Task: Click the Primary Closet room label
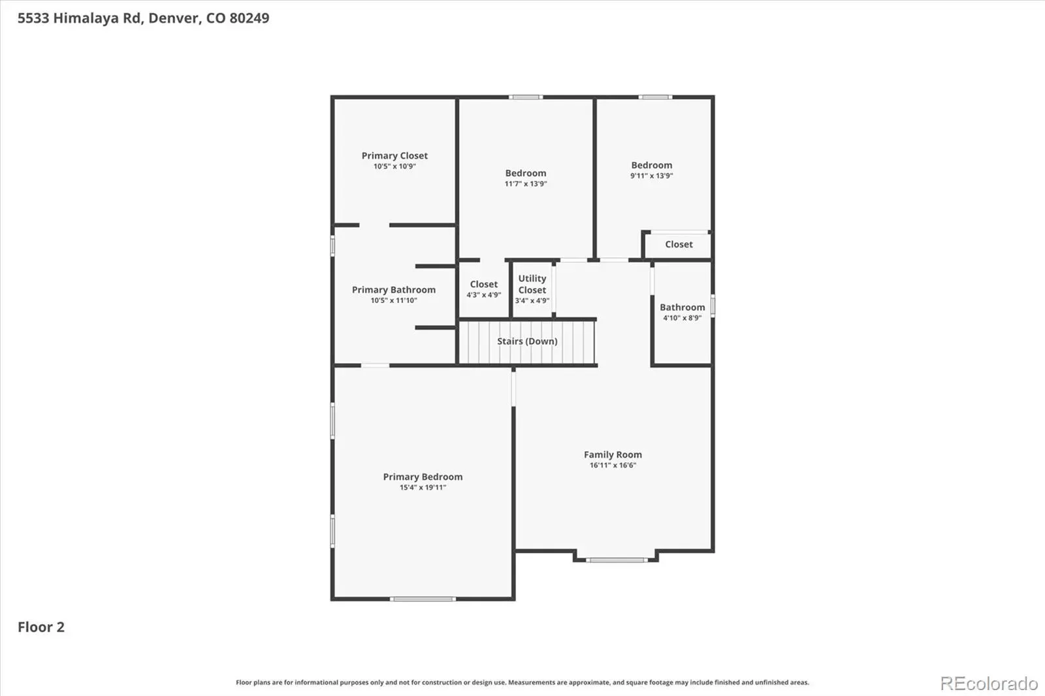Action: coord(394,155)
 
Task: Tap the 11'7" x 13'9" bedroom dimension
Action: coord(526,184)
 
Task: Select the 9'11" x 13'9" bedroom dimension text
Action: coord(652,176)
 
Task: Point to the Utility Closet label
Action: coord(532,284)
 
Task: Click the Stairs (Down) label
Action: coord(527,341)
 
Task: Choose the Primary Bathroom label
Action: coord(394,290)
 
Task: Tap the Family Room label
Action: coord(613,454)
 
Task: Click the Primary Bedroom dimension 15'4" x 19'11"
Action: coord(423,488)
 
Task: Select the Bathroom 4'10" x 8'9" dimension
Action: coord(683,318)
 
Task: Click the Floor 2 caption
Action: coord(41,627)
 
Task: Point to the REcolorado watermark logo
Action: coord(989,684)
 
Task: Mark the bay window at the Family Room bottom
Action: coord(617,560)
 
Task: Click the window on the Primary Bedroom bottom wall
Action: coord(423,599)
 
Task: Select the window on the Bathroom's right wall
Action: coord(713,306)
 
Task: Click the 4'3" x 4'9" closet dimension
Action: coord(484,295)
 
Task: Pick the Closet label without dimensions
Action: coord(679,244)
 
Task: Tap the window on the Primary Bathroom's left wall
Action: coord(332,245)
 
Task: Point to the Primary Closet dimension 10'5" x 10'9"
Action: coord(394,166)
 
